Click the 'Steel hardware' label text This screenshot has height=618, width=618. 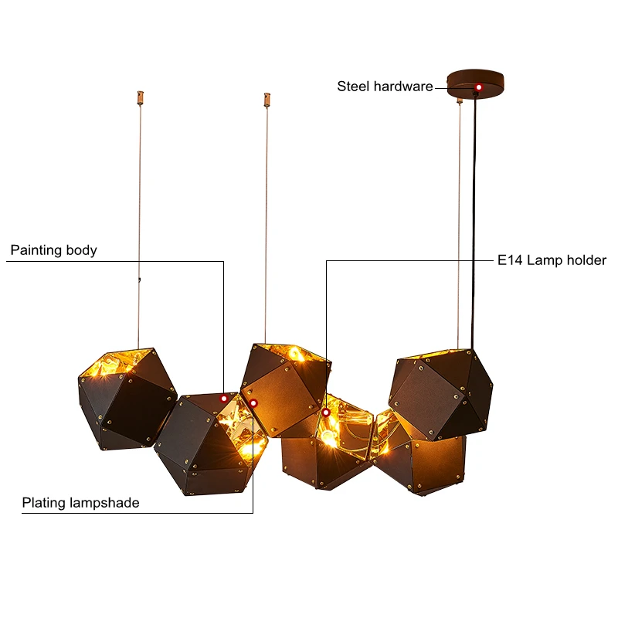[x=385, y=87]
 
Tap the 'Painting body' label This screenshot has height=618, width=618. [x=53, y=250]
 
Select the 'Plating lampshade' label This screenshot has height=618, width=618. [x=80, y=503]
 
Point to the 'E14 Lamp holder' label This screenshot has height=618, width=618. [x=552, y=260]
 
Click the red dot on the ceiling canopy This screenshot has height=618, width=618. [x=478, y=87]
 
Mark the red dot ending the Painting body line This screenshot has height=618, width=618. [x=224, y=399]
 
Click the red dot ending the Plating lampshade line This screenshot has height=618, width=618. [x=253, y=403]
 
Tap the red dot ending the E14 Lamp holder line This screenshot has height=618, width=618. [x=326, y=413]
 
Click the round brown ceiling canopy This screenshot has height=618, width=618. [x=476, y=83]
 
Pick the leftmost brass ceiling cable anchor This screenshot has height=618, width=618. [x=141, y=97]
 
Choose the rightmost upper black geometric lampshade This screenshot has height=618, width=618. [x=440, y=394]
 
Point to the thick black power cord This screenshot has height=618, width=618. [x=474, y=221]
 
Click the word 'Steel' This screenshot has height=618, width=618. [x=353, y=87]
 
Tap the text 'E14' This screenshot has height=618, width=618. [x=510, y=260]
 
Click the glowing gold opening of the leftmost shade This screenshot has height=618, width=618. [x=117, y=364]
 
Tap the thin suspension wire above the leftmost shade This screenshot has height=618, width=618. [x=139, y=225]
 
